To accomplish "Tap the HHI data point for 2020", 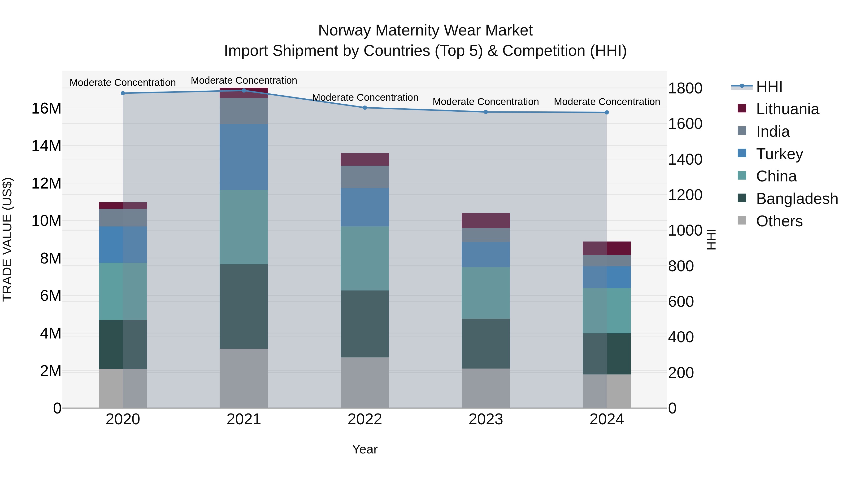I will (123, 93).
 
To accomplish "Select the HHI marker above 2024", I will (607, 112).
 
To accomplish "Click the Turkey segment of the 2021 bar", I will (244, 157).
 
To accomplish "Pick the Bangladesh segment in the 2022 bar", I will (365, 324).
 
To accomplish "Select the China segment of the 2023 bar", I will (486, 293).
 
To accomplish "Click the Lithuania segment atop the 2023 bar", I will (486, 220).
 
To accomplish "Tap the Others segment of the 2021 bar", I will (244, 378).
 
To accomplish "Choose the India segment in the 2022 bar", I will (365, 177).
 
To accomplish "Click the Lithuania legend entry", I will (788, 109).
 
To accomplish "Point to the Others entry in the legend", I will (779, 221).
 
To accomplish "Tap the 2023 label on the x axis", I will (486, 419).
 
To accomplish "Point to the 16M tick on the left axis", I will (46, 108).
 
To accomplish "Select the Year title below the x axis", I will (365, 449).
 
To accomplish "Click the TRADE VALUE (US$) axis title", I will (7, 239).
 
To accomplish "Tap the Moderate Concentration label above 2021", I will (244, 80).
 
